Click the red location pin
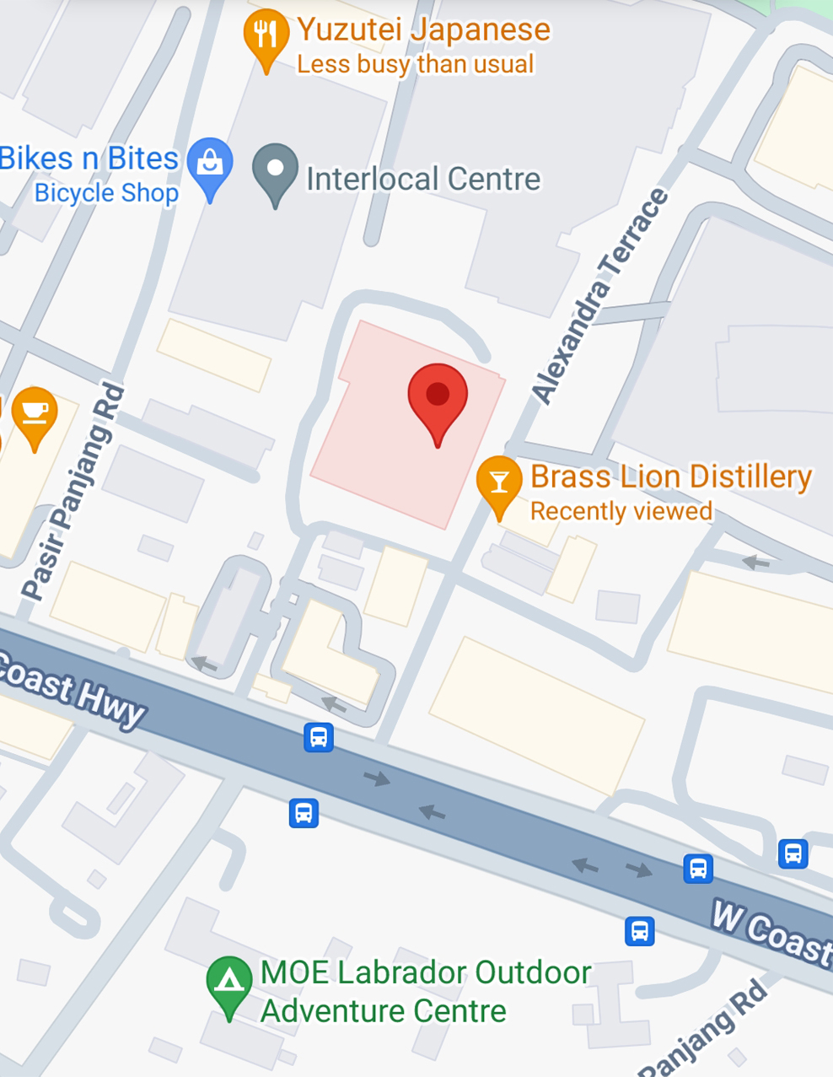point(438,396)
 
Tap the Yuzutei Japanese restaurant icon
point(266,35)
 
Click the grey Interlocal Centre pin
point(275,170)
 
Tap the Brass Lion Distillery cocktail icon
point(499,482)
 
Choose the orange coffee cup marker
point(35,412)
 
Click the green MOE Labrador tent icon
point(229,982)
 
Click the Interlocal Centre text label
point(423,179)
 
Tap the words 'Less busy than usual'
point(416,64)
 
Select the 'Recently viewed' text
point(621,511)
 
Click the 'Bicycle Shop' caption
point(106,193)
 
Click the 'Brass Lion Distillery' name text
point(671,477)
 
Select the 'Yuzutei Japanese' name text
point(423,30)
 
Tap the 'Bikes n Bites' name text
point(89,159)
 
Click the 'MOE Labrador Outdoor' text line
point(426,972)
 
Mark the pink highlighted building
point(371,455)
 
